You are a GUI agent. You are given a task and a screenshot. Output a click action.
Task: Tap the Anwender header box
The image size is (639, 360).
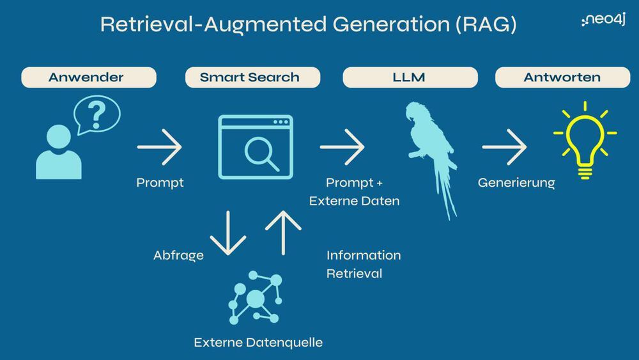click(89, 77)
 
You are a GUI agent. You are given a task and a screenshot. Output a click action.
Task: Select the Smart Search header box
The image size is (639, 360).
click(249, 77)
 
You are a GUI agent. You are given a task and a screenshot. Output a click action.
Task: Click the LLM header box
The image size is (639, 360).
click(410, 77)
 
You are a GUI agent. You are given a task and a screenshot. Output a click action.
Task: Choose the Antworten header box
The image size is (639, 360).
click(562, 77)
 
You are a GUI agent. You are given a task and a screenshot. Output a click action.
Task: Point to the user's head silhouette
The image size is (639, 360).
click(58, 136)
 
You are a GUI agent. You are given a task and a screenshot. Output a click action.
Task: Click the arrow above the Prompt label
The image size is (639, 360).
click(159, 147)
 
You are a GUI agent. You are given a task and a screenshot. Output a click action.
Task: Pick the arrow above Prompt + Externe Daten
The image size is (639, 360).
click(342, 147)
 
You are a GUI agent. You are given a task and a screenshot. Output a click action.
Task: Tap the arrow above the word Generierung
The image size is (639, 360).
click(504, 147)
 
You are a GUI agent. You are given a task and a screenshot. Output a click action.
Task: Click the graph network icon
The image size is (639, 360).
click(256, 297)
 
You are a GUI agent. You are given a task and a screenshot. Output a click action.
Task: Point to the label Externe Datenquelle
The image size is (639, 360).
click(258, 343)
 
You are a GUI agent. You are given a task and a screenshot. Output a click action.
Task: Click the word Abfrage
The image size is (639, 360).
click(178, 256)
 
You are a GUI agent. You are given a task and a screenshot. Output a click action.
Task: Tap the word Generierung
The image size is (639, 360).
click(516, 183)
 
